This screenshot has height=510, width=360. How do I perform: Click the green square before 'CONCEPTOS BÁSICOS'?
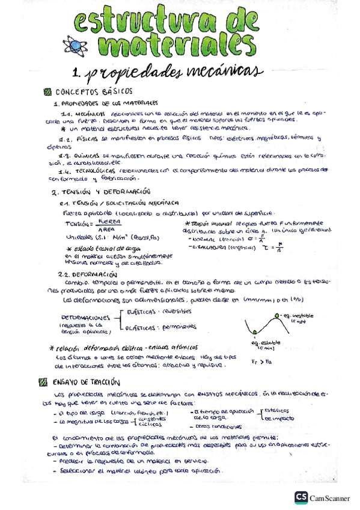[48, 92]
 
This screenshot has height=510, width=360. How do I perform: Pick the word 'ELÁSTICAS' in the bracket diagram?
[142, 312]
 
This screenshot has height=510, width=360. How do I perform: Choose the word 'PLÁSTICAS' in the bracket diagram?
[143, 328]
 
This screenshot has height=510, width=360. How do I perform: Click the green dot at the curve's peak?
[277, 316]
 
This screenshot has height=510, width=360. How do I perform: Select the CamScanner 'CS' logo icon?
[301, 497]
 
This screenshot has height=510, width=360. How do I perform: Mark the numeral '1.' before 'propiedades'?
[76, 73]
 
